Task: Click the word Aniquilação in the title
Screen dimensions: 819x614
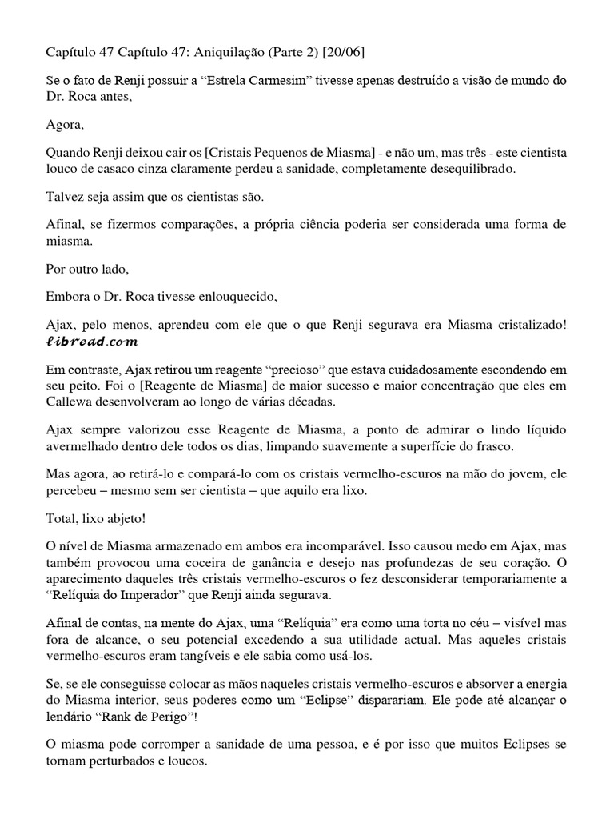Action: tap(226, 52)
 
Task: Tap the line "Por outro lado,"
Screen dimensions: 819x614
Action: tap(82, 269)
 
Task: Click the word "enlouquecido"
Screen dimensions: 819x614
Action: tap(237, 297)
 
